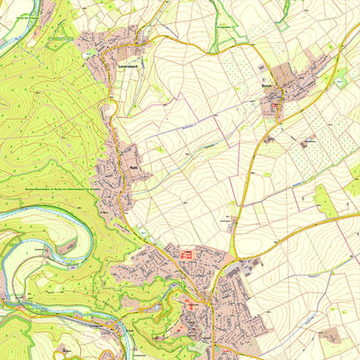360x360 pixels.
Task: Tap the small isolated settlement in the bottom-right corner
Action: point(332,335)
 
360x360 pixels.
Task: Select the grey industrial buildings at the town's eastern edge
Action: point(244,267)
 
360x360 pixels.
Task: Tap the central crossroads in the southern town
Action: point(209,301)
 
